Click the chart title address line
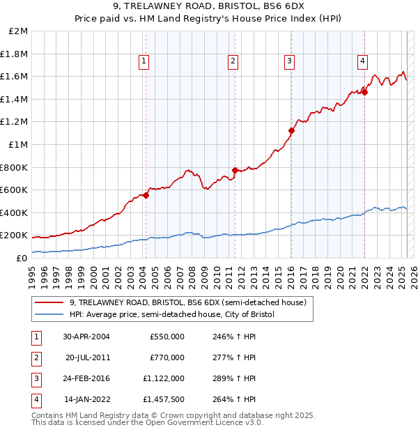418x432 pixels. tap(208, 9)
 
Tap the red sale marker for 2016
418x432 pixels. tap(291, 130)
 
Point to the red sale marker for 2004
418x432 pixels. tap(146, 195)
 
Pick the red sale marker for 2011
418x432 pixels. tap(235, 170)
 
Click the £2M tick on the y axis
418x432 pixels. tap(19, 31)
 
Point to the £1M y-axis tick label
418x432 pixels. tap(19, 145)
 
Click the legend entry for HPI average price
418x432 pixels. tap(172, 315)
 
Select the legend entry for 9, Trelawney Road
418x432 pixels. tap(188, 302)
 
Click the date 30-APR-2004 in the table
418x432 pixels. tap(86, 337)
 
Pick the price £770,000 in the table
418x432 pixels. tap(167, 357)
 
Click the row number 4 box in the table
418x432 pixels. tap(35, 399)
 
